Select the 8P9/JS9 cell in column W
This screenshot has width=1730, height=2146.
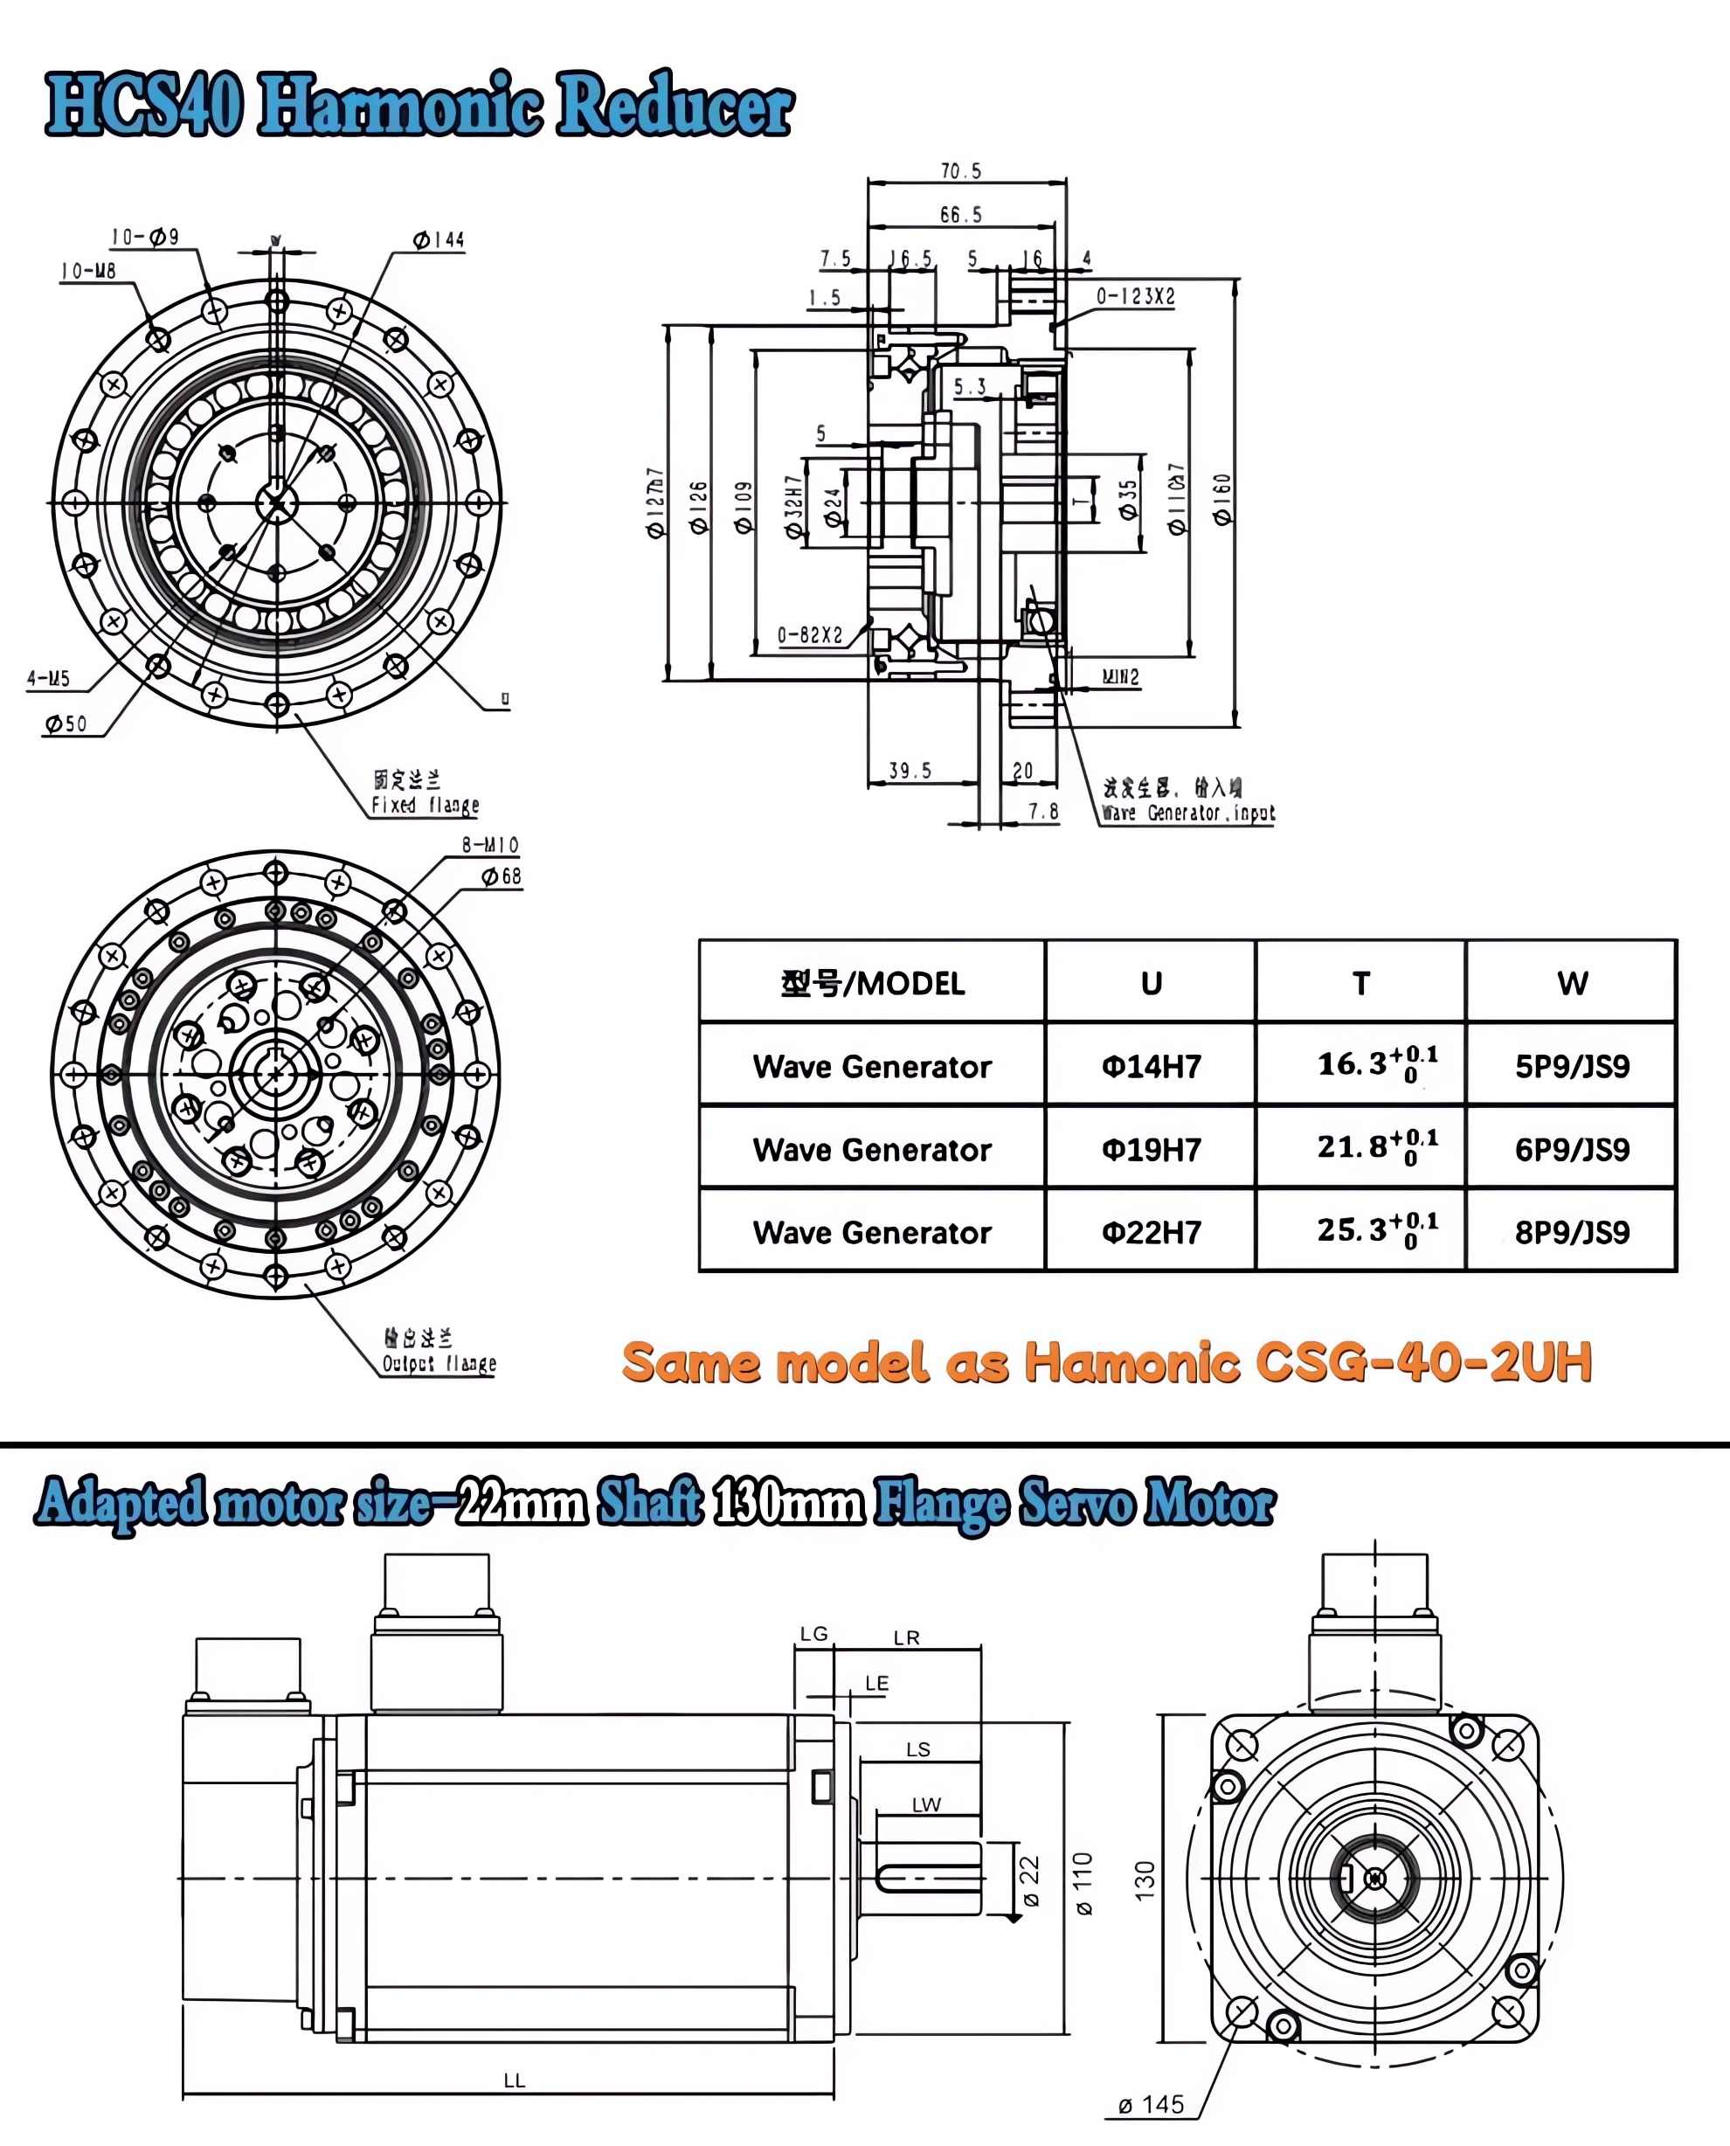pyautogui.click(x=1572, y=1232)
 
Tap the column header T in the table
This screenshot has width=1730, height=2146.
pyautogui.click(x=1360, y=984)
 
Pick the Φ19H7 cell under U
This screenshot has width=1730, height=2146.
pyautogui.click(x=1151, y=1149)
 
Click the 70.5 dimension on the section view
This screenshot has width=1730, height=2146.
pyautogui.click(x=960, y=171)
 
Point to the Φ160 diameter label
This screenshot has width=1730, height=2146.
pyautogui.click(x=1221, y=498)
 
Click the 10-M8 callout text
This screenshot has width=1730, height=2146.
pyautogui.click(x=87, y=271)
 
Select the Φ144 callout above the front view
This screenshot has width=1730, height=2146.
pyautogui.click(x=439, y=240)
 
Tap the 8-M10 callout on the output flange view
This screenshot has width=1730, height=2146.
pyautogui.click(x=489, y=845)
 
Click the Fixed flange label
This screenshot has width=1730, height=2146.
pyautogui.click(x=425, y=805)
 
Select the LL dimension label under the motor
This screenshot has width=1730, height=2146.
pyautogui.click(x=515, y=2080)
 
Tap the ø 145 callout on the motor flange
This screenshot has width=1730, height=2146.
pyautogui.click(x=1151, y=2104)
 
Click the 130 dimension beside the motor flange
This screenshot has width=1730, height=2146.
pyautogui.click(x=1145, y=1878)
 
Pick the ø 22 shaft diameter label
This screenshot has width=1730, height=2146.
pyautogui.click(x=1029, y=1879)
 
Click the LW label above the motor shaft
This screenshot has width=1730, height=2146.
pyautogui.click(x=926, y=1804)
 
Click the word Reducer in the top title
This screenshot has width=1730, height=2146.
pyautogui.click(x=675, y=106)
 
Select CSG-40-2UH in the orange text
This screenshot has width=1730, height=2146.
pyautogui.click(x=1423, y=1361)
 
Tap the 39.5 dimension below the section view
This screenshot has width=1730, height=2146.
pyautogui.click(x=910, y=771)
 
